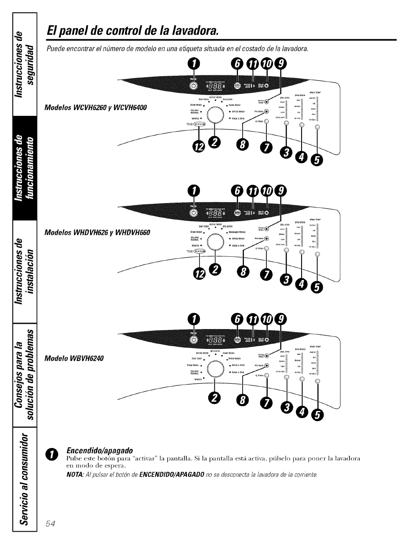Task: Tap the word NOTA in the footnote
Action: pyautogui.click(x=73, y=474)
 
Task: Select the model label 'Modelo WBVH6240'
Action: pyautogui.click(x=74, y=358)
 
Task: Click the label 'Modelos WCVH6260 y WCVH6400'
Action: pyautogui.click(x=96, y=108)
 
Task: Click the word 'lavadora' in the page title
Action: pyautogui.click(x=191, y=31)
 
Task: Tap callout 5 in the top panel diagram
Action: pyautogui.click(x=317, y=161)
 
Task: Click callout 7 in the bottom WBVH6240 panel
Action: pyautogui.click(x=268, y=403)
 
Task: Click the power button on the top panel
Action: pyautogui.click(x=193, y=85)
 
